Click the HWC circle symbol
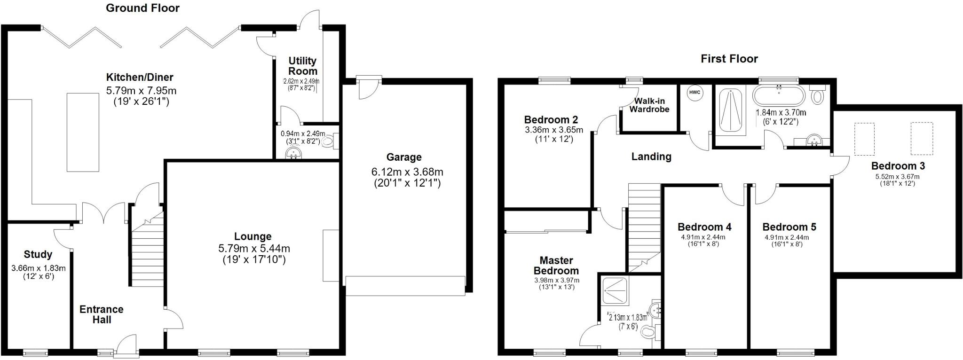coord(695,93)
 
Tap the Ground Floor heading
coord(142,8)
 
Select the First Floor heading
coord(729,59)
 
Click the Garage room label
coord(404,157)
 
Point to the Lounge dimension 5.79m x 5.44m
coord(254,248)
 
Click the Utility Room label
coord(302,66)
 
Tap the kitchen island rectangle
coord(83,132)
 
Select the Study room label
coord(38,254)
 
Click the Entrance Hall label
coord(102,314)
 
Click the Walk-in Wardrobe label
coord(649,105)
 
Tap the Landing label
coord(651,157)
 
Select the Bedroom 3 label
coord(898,166)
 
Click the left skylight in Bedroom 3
coord(864,139)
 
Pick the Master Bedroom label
coord(556,265)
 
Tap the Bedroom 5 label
coord(789,227)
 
